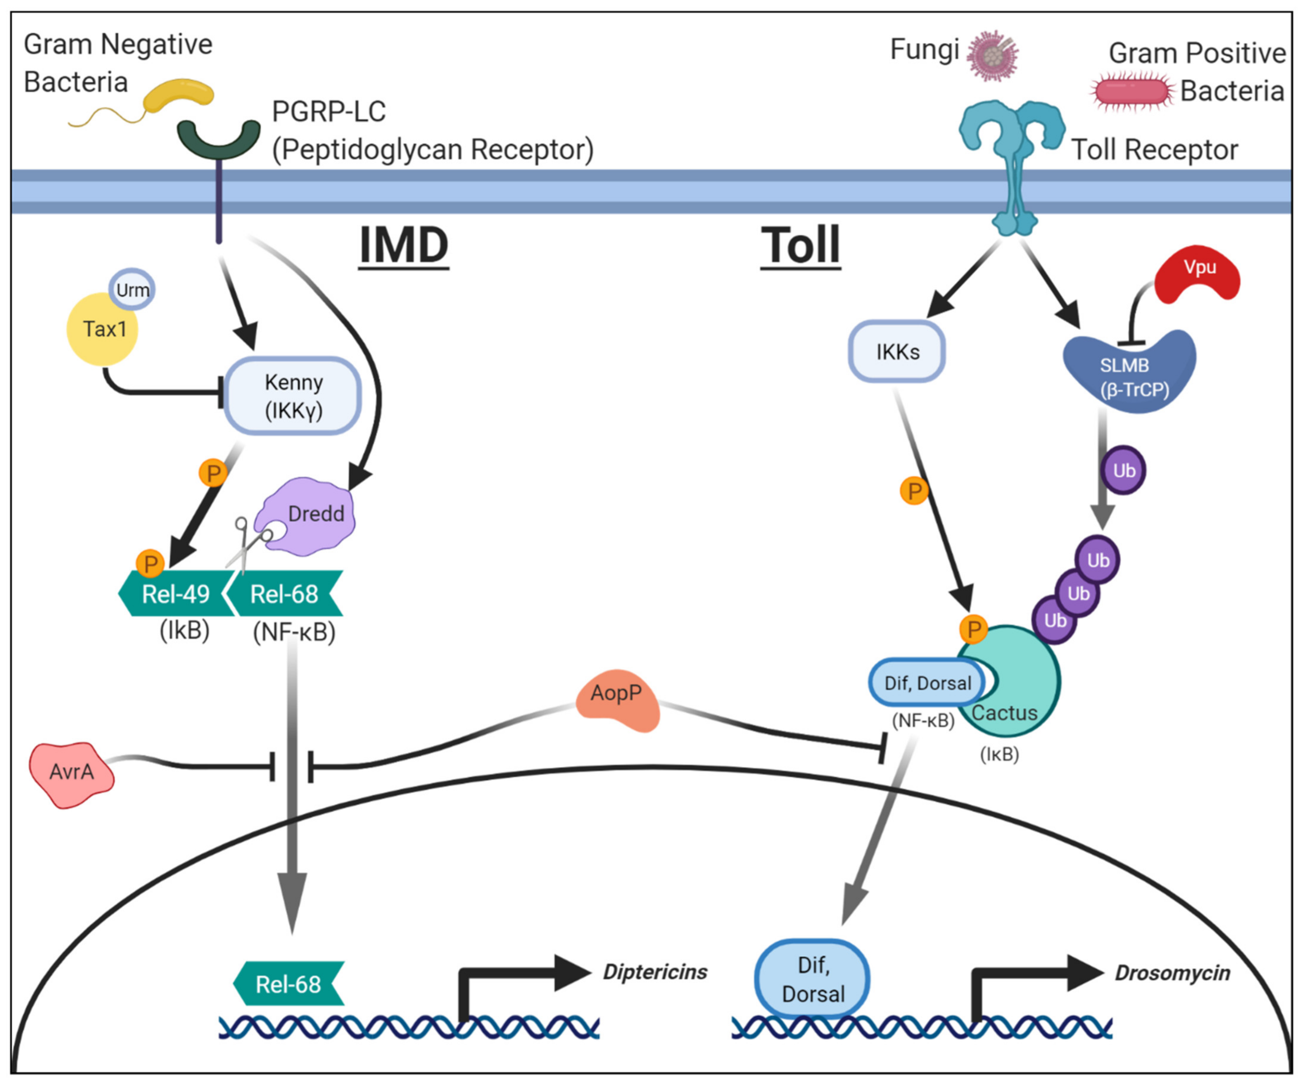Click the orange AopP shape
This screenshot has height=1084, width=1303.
pos(617,700)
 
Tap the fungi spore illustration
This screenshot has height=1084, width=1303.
pos(993,56)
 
